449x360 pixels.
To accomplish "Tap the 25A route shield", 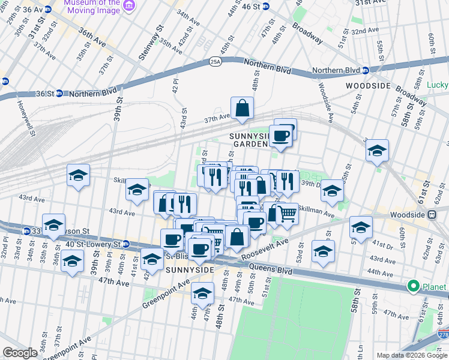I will pos(215,61).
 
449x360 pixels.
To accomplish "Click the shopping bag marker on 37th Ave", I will pos(242,109).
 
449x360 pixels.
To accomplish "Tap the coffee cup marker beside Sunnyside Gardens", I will pos(280,136).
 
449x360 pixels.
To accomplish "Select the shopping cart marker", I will pos(288,213).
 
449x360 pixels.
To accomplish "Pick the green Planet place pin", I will pos(413,287).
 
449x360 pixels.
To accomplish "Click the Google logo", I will pos(20,353).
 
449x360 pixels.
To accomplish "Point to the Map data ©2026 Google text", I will pos(411,355).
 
